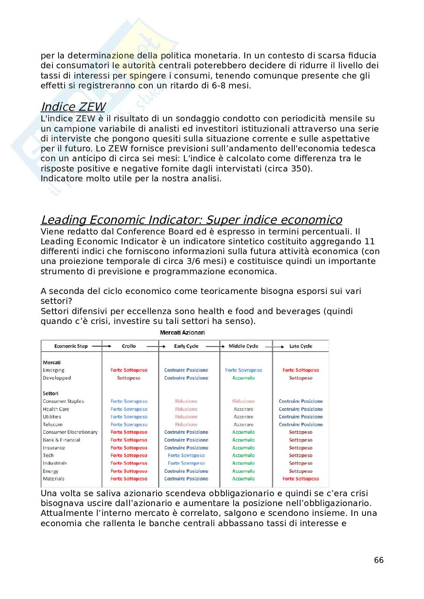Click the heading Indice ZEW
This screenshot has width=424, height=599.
73,107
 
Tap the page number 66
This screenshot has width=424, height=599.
379,560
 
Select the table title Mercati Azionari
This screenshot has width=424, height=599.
182,333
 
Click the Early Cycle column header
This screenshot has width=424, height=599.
186,346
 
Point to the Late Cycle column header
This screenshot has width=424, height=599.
301,346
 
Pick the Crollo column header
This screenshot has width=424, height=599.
129,346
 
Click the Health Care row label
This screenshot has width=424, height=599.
56,409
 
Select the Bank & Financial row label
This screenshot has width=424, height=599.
61,440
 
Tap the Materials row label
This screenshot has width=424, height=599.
54,479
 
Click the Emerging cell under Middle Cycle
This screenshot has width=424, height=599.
244,370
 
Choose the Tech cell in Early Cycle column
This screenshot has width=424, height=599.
186,456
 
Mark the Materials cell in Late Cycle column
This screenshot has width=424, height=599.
301,479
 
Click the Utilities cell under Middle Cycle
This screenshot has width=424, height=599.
244,417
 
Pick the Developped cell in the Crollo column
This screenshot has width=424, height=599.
129,378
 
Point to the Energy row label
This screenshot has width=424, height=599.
51,471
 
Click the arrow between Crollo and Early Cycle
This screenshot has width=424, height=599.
156,346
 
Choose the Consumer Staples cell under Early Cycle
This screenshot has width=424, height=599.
186,401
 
